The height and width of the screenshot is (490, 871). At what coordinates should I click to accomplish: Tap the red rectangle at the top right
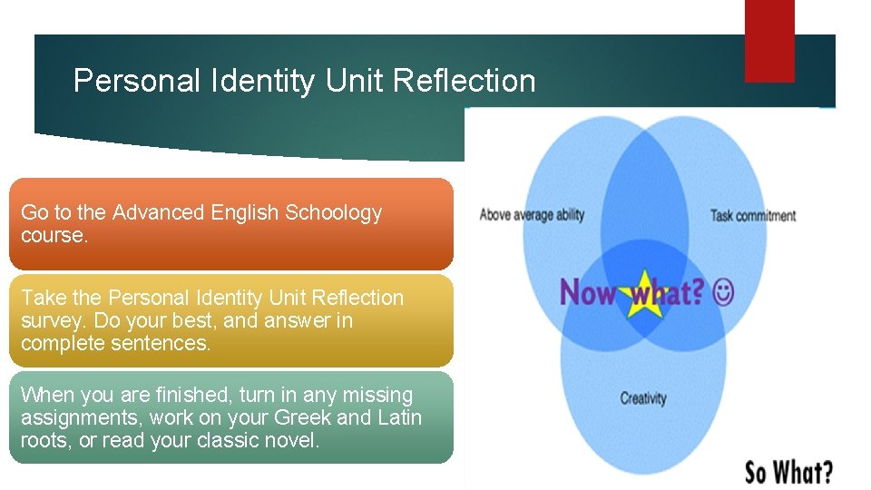[768, 40]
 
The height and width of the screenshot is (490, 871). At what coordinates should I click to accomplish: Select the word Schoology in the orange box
[333, 213]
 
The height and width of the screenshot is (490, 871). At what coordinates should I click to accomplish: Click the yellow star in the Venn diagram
[643, 293]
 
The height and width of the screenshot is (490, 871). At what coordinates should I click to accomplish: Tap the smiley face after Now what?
[724, 292]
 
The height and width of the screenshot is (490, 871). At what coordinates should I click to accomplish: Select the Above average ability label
[532, 215]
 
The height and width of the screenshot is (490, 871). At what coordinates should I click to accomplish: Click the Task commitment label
[753, 216]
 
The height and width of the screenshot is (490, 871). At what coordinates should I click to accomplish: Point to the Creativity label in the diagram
[642, 398]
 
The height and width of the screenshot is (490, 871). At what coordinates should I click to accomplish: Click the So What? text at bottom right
[788, 472]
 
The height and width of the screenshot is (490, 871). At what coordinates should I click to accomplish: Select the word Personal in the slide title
[137, 81]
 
